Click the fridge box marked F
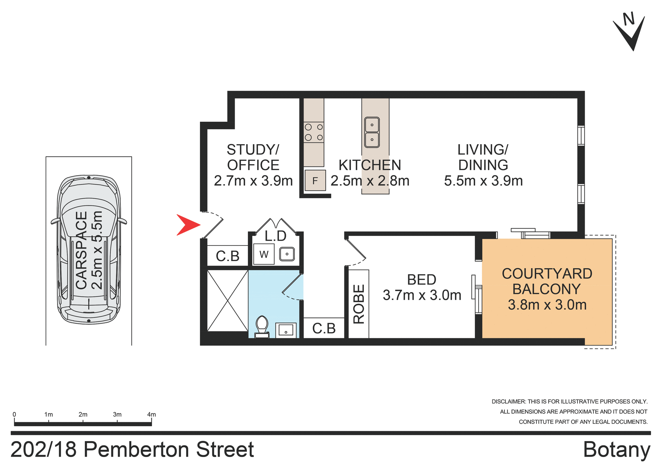(315, 180)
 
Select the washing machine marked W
(264, 254)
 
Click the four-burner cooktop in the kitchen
(314, 132)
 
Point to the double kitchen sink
(372, 132)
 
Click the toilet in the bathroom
(262, 326)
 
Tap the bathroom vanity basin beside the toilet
(286, 330)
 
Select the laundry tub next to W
(287, 254)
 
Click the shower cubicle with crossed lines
(228, 301)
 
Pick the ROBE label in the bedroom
(359, 304)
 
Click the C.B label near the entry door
(228, 256)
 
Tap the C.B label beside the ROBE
(324, 328)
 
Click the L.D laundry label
(275, 236)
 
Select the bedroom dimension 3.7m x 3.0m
(422, 295)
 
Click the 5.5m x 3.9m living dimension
(483, 181)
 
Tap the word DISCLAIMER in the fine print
(509, 401)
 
